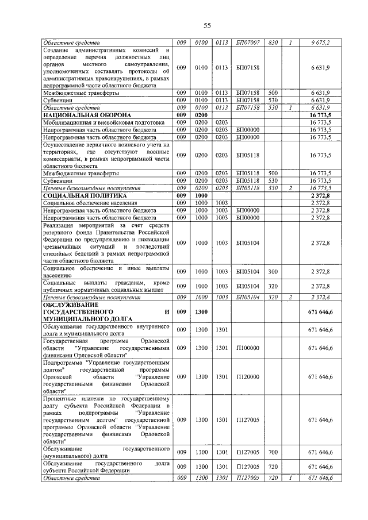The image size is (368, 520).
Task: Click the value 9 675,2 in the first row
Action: pyautogui.click(x=317, y=43)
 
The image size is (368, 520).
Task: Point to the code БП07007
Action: pyautogui.click(x=247, y=43)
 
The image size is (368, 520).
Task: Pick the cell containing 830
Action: pyautogui.click(x=273, y=43)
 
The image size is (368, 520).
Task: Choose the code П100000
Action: pyautogui.click(x=247, y=348)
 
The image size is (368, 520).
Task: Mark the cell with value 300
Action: pyautogui.click(x=273, y=271)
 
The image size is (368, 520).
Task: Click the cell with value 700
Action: pyautogui.click(x=273, y=452)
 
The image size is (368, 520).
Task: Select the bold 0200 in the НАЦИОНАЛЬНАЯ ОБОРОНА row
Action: pyautogui.click(x=201, y=115)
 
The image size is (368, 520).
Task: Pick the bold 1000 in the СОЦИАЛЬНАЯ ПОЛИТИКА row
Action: pyautogui.click(x=201, y=195)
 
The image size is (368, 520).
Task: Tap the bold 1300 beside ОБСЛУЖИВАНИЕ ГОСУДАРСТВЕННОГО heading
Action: pyautogui.click(x=201, y=312)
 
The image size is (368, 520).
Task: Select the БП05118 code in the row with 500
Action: pyautogui.click(x=247, y=172)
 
